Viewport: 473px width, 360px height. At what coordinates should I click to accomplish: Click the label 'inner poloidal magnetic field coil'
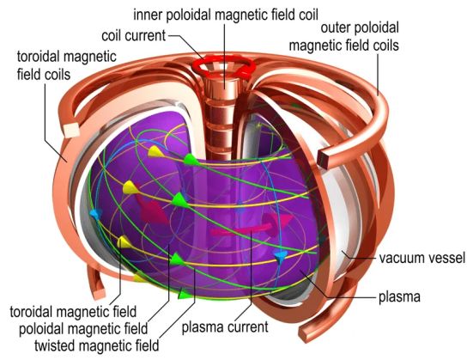(226, 15)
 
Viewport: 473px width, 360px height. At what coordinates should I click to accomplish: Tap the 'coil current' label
(134, 35)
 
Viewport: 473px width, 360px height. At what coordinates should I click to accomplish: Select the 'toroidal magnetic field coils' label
(66, 65)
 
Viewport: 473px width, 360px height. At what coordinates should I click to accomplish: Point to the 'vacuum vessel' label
(422, 259)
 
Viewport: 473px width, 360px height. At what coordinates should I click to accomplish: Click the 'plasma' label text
(399, 297)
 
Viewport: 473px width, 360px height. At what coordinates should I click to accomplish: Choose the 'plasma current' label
(225, 326)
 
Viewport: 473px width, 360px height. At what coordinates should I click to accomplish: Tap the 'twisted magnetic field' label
(96, 345)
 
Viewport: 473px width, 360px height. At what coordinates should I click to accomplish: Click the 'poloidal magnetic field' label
(83, 328)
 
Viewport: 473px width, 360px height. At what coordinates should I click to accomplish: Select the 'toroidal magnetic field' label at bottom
(73, 312)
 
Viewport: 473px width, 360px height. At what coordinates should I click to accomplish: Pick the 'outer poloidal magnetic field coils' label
(344, 37)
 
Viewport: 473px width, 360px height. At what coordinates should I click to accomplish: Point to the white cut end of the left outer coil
(71, 131)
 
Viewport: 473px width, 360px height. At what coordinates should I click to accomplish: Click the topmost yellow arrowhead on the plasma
(155, 151)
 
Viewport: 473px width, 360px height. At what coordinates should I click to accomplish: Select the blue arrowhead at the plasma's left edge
(94, 215)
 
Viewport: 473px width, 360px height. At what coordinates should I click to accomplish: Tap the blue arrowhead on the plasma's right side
(280, 257)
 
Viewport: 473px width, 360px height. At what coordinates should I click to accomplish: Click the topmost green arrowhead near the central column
(191, 159)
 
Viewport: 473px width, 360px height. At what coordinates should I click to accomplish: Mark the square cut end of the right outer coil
(324, 158)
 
